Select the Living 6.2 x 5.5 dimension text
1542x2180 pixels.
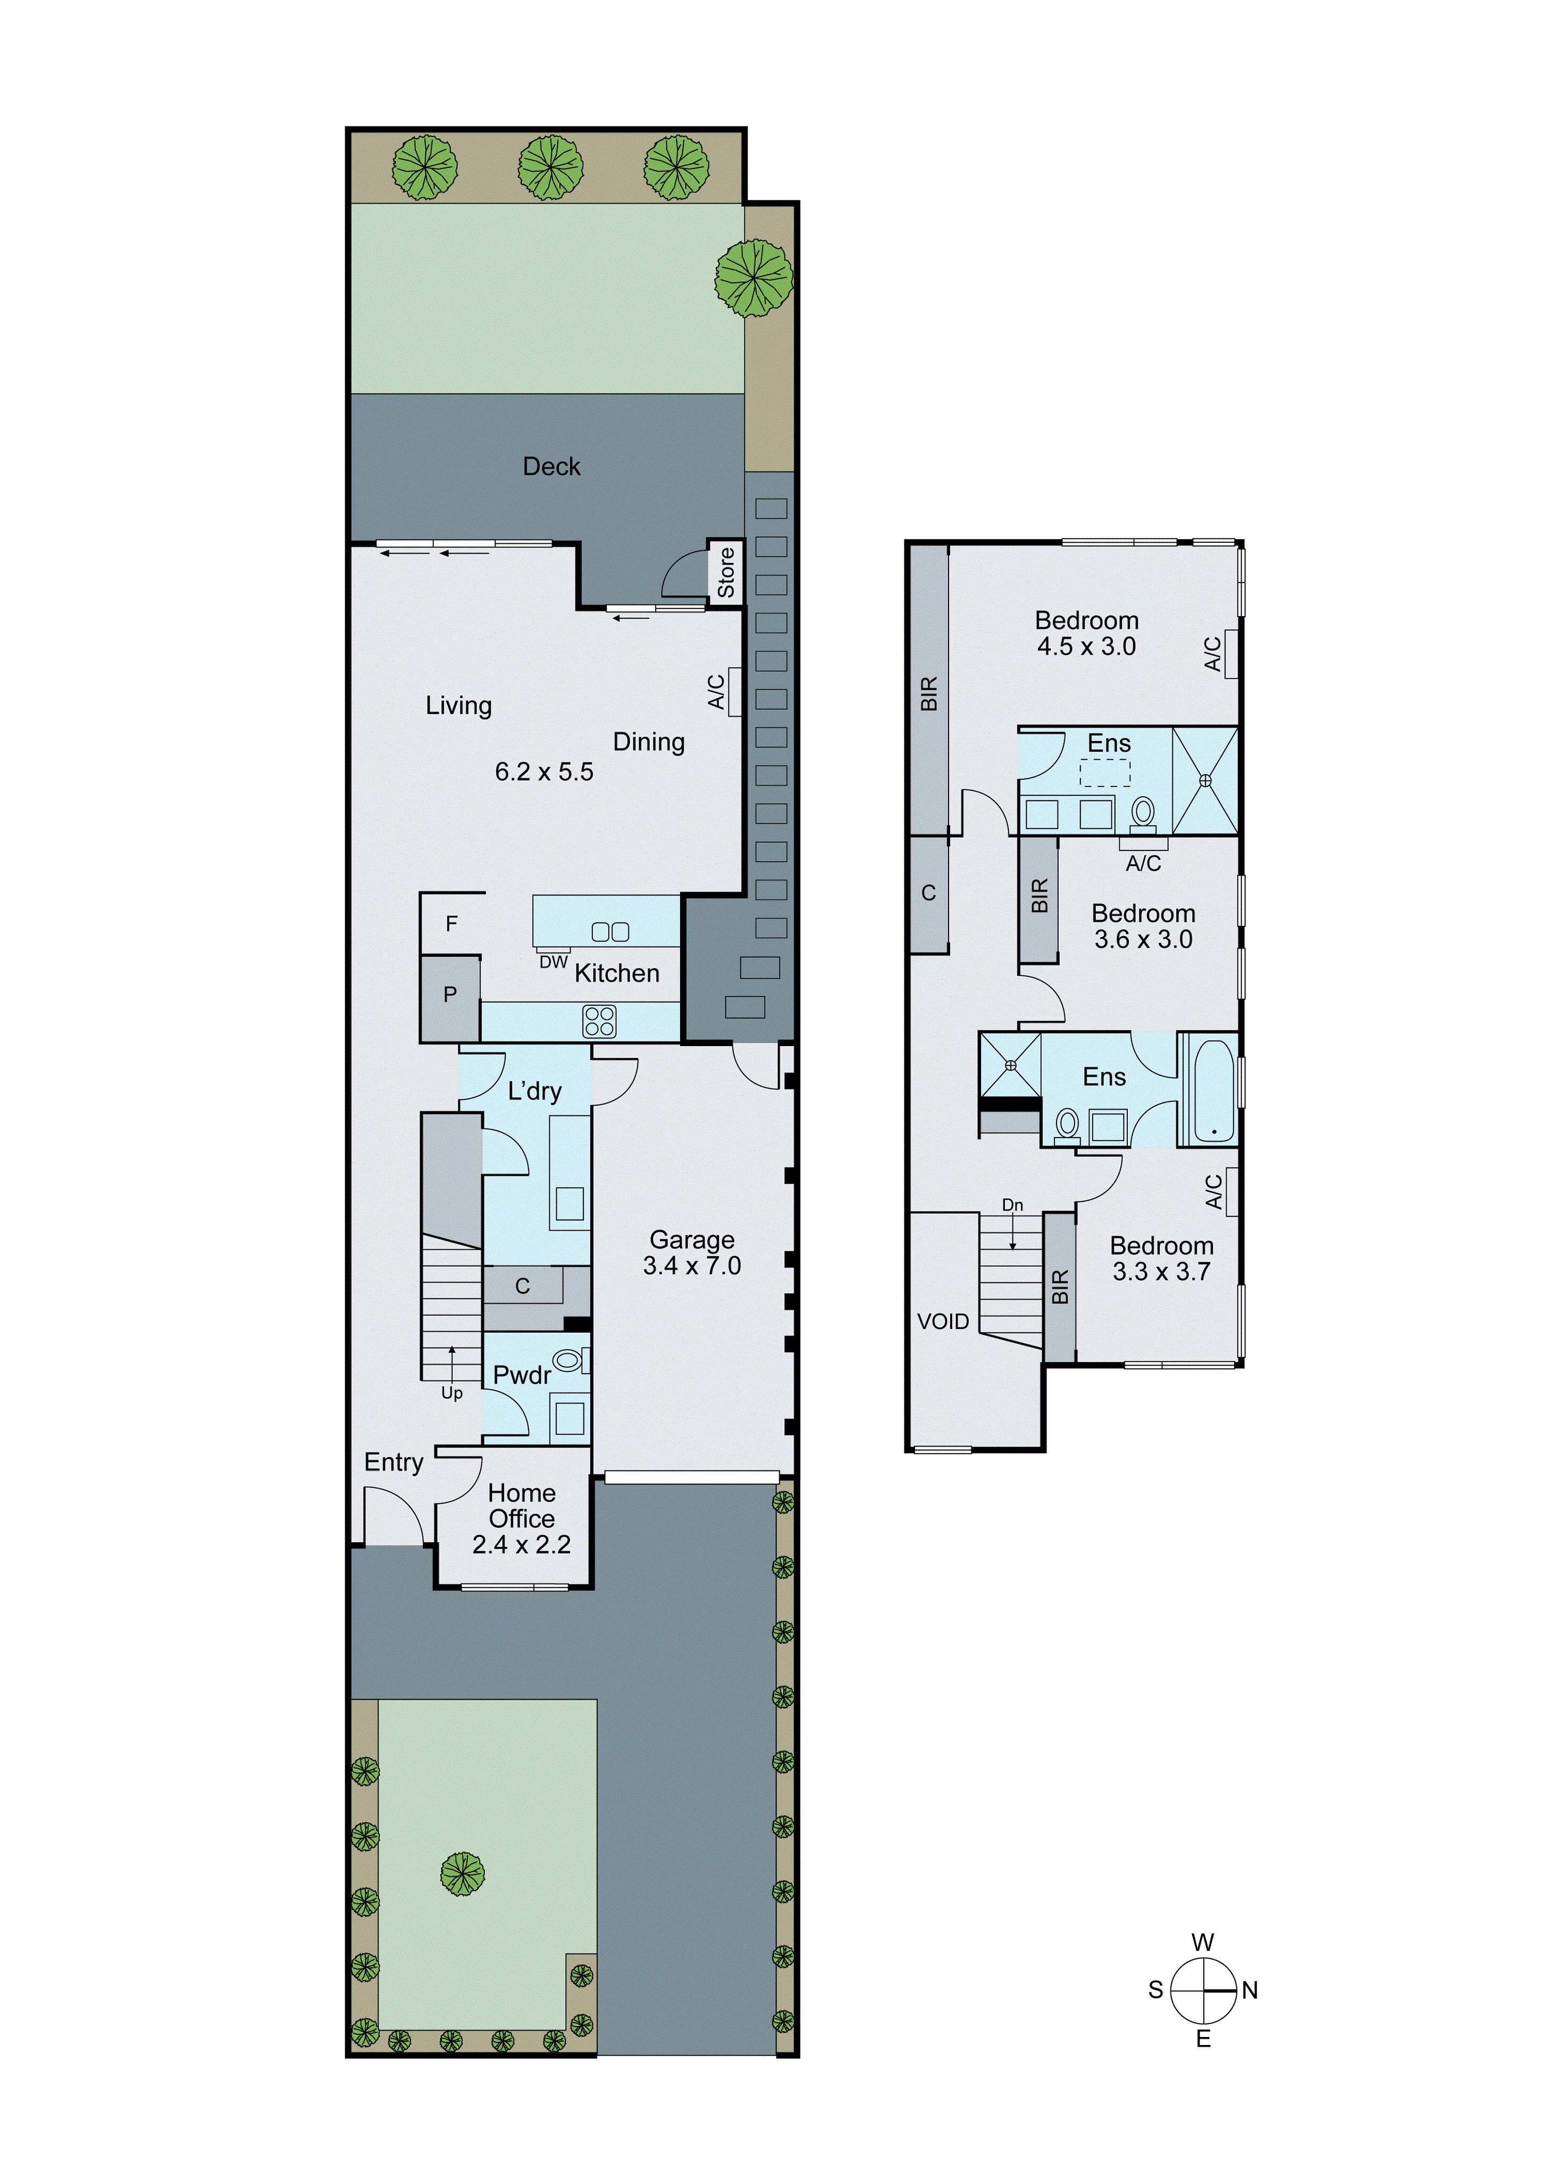(x=544, y=772)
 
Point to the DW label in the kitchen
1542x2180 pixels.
(x=554, y=962)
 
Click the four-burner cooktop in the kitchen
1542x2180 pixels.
(x=599, y=1022)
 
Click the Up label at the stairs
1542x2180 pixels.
(x=452, y=1393)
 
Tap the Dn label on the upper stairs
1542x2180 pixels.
(x=1012, y=1205)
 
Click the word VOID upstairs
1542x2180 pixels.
(x=943, y=1322)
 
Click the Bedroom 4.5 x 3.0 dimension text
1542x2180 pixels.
(x=1086, y=646)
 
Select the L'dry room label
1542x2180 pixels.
(x=534, y=1091)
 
